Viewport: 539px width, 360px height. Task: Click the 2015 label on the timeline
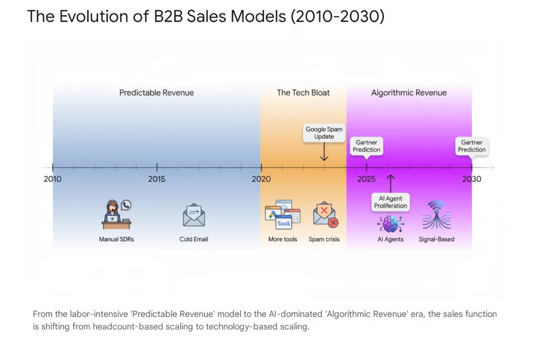point(157,179)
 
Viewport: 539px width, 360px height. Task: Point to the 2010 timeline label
point(53,179)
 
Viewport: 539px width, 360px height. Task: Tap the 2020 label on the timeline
point(261,179)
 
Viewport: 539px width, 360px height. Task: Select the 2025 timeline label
point(367,179)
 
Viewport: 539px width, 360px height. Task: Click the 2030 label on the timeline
point(471,179)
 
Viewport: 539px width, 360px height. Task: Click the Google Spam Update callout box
point(324,133)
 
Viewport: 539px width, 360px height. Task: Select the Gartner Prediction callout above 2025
point(367,146)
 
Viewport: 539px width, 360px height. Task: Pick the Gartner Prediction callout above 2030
point(471,146)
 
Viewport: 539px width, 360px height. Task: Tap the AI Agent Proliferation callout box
point(390,202)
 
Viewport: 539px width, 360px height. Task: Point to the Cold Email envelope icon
point(194,215)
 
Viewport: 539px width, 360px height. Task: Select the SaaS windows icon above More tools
point(283,215)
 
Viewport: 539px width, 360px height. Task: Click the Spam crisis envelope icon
point(325,215)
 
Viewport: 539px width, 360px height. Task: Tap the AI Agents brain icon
point(390,223)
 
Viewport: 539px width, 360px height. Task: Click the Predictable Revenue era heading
point(157,93)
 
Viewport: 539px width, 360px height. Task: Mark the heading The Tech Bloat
point(303,93)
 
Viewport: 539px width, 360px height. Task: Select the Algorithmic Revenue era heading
point(409,93)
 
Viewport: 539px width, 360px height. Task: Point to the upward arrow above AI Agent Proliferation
point(390,183)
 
